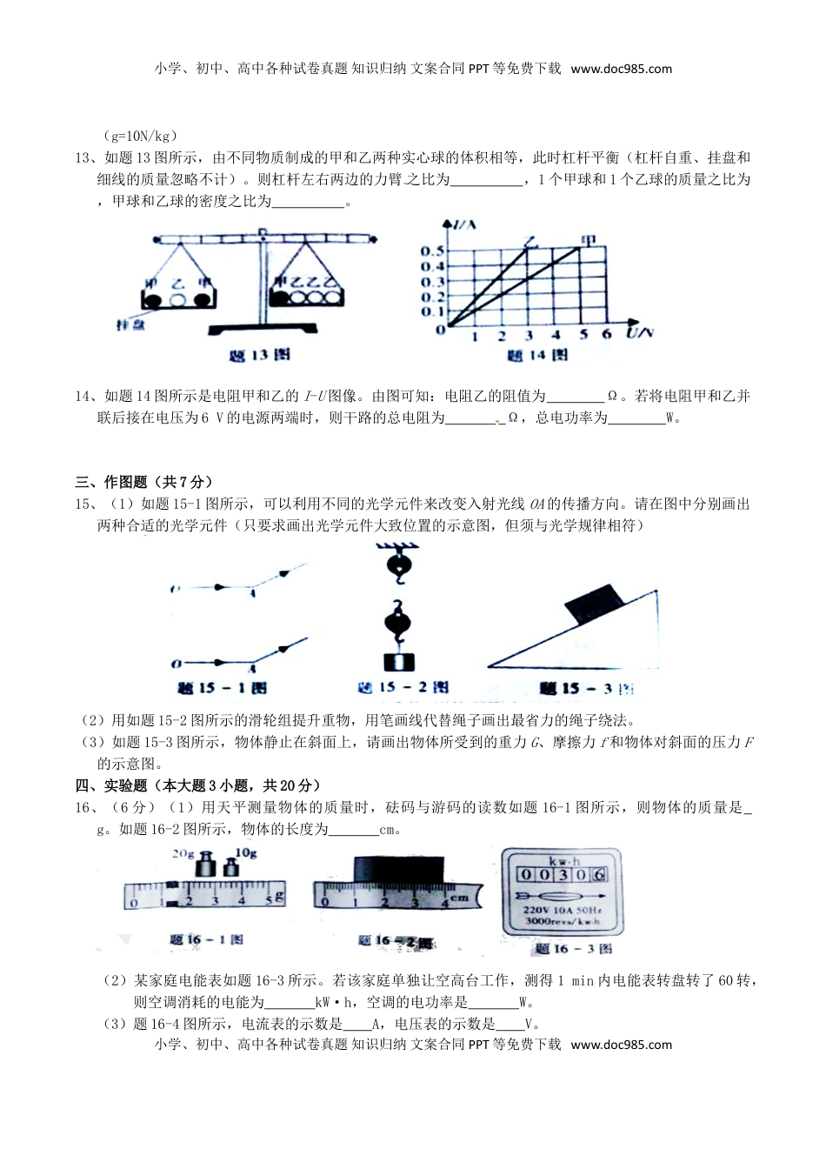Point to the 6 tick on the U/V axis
(x=607, y=335)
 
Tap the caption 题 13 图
(x=258, y=355)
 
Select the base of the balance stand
(x=262, y=328)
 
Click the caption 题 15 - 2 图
(x=403, y=687)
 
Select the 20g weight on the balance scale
(x=206, y=865)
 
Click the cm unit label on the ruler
(x=460, y=897)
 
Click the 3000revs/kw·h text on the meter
(x=563, y=920)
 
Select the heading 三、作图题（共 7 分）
(x=144, y=482)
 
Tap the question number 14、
(x=84, y=397)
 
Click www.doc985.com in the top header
(x=621, y=69)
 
